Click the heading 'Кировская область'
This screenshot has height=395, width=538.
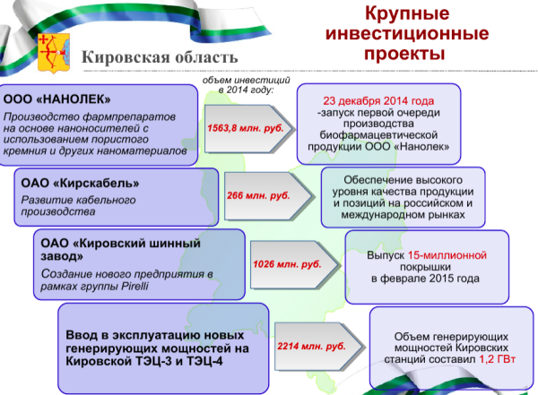point(161,58)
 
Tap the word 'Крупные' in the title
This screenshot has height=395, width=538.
point(408,16)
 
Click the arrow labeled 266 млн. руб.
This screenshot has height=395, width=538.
point(263,194)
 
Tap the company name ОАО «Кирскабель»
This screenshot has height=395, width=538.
point(80,183)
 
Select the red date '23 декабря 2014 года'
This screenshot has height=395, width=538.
point(378,100)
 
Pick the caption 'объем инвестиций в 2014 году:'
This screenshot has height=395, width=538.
point(238,85)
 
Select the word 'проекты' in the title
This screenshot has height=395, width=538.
point(407,54)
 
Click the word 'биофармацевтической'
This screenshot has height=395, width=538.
point(378,133)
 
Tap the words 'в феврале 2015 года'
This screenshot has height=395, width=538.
point(425,279)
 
